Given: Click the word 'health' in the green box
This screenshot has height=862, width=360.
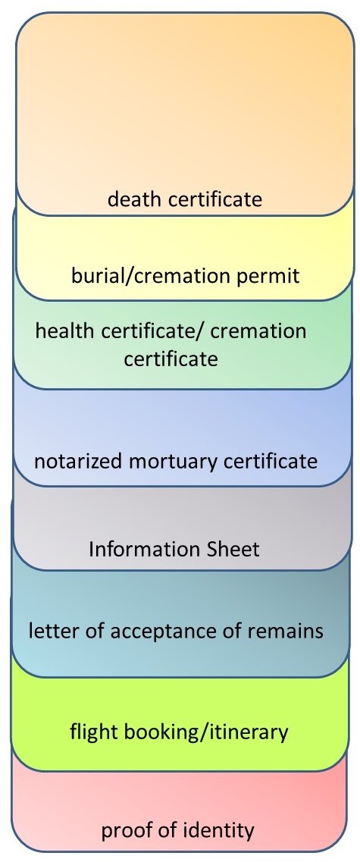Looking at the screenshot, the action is point(61,331).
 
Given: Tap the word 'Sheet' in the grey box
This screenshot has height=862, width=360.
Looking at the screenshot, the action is point(232,549).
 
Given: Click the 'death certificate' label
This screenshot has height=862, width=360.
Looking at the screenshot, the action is point(185,199).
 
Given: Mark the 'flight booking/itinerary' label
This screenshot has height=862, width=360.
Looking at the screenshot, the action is point(179,732).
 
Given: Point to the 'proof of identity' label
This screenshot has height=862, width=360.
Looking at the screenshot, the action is point(177,830).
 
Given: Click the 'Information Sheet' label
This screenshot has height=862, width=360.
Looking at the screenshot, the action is point(174,549).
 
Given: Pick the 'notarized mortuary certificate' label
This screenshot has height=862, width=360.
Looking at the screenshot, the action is point(176,462).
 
